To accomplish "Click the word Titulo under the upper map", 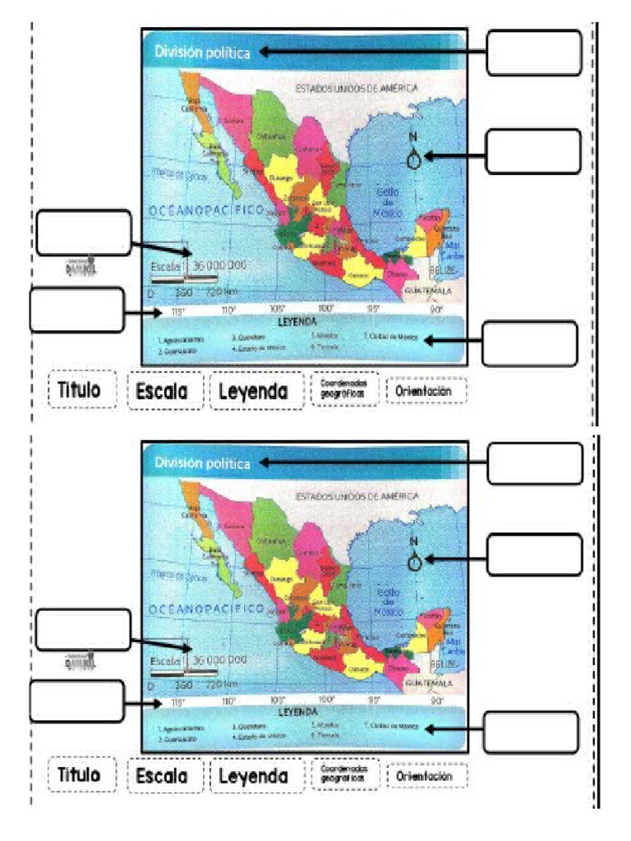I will (x=79, y=390).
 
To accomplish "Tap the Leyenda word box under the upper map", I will (x=253, y=392).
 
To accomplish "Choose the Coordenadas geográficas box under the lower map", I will (x=343, y=391).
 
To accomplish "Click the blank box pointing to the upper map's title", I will (x=534, y=53).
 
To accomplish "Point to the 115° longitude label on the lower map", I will (x=175, y=703).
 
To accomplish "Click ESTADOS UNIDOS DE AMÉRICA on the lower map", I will (x=357, y=497).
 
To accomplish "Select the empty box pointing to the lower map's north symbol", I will (x=534, y=554).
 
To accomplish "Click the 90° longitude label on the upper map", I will (x=436, y=310).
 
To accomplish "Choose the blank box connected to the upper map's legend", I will (x=529, y=343).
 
